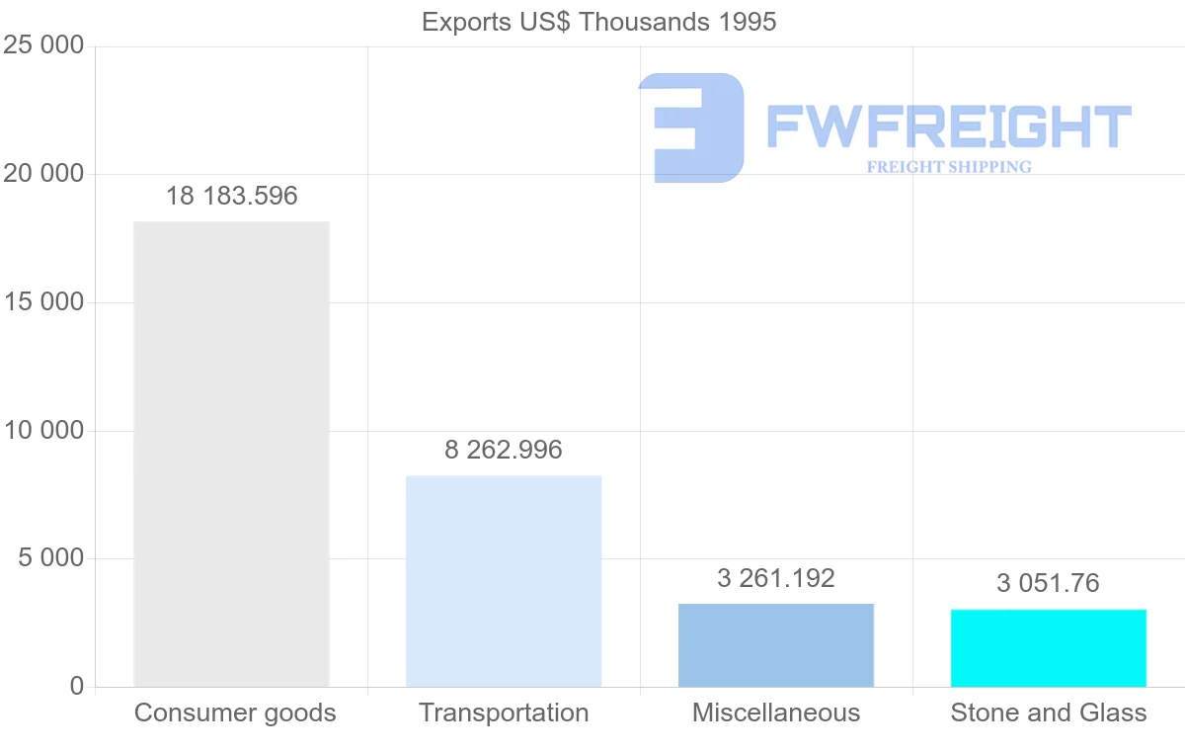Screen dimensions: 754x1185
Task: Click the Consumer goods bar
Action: click(x=231, y=454)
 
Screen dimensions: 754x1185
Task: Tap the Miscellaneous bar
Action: click(x=776, y=644)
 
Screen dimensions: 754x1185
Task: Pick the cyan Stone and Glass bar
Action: click(x=1049, y=647)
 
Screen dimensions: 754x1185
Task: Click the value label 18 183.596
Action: click(x=231, y=196)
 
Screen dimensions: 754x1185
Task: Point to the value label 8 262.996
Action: click(x=504, y=450)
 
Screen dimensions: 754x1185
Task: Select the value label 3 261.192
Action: click(x=776, y=578)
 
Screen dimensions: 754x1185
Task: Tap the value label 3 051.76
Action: click(x=1048, y=583)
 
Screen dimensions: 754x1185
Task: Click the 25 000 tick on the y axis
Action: click(x=42, y=45)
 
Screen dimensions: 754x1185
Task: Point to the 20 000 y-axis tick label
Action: click(x=42, y=174)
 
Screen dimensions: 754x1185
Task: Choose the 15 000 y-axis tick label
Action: click(x=42, y=302)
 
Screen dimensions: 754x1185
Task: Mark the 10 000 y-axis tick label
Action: click(x=42, y=431)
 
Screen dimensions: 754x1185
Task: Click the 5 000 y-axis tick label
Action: click(x=50, y=558)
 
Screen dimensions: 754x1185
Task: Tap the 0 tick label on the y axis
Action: click(x=77, y=687)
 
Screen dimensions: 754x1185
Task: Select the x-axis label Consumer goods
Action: click(x=235, y=712)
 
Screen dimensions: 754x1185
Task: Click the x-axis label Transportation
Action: click(x=504, y=712)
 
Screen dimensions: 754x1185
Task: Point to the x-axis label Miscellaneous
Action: click(x=776, y=712)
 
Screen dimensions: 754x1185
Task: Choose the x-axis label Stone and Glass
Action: click(x=1049, y=712)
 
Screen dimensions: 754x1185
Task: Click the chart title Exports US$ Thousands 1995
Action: click(x=599, y=21)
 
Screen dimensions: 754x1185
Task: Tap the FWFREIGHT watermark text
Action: click(x=948, y=126)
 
